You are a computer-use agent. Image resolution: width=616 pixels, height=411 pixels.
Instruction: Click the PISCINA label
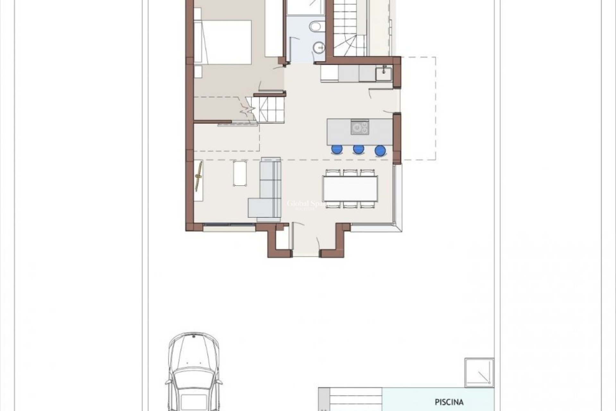coord(449,402)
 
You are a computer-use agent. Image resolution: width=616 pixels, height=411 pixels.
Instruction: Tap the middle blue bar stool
coord(358,149)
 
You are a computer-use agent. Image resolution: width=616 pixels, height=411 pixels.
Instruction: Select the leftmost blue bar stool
coord(337,149)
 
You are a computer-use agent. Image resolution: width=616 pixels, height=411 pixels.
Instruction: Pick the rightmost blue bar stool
coord(380,150)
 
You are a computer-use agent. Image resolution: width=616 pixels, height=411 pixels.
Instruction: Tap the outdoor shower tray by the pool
coord(479,372)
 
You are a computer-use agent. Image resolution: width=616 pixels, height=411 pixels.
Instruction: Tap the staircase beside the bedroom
coord(268,109)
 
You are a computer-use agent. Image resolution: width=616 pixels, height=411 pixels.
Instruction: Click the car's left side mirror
coord(167,383)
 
